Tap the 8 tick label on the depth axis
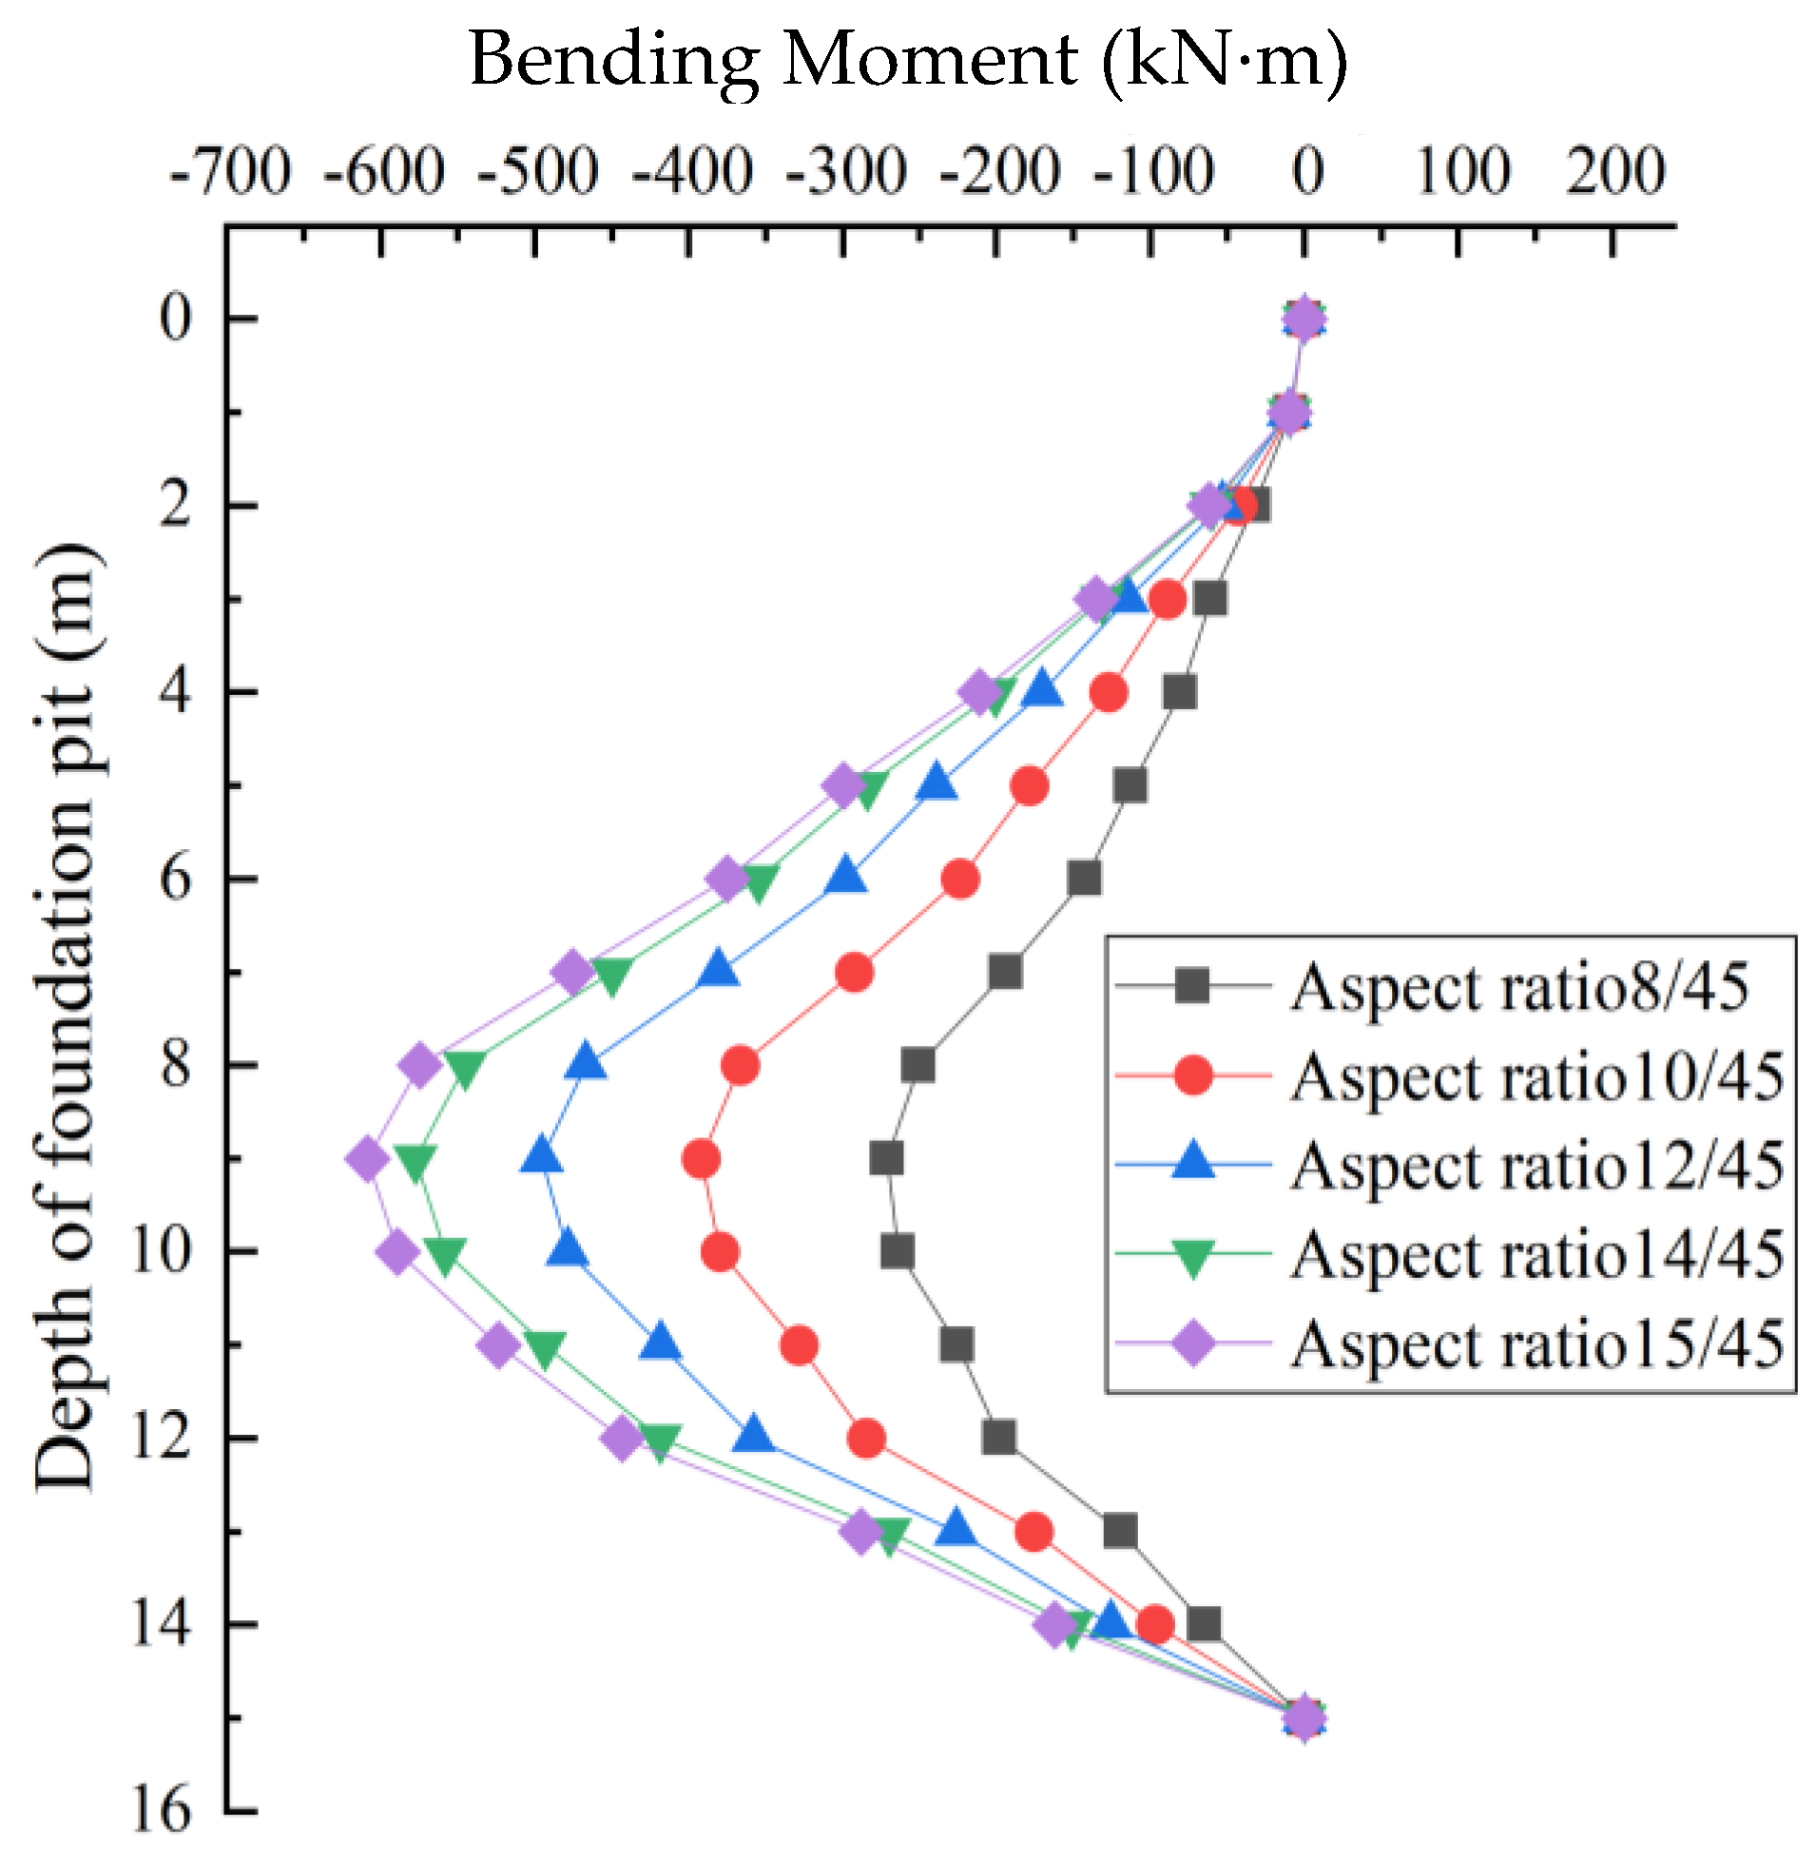pos(176,1064)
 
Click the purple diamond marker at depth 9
pos(367,1160)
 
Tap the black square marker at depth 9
pos(886,1160)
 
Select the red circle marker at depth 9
pos(701,1160)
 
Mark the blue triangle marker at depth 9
pos(542,1157)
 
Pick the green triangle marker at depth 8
pos(465,1068)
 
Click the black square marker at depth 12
pos(998,1438)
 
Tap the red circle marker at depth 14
pos(1155,1624)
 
